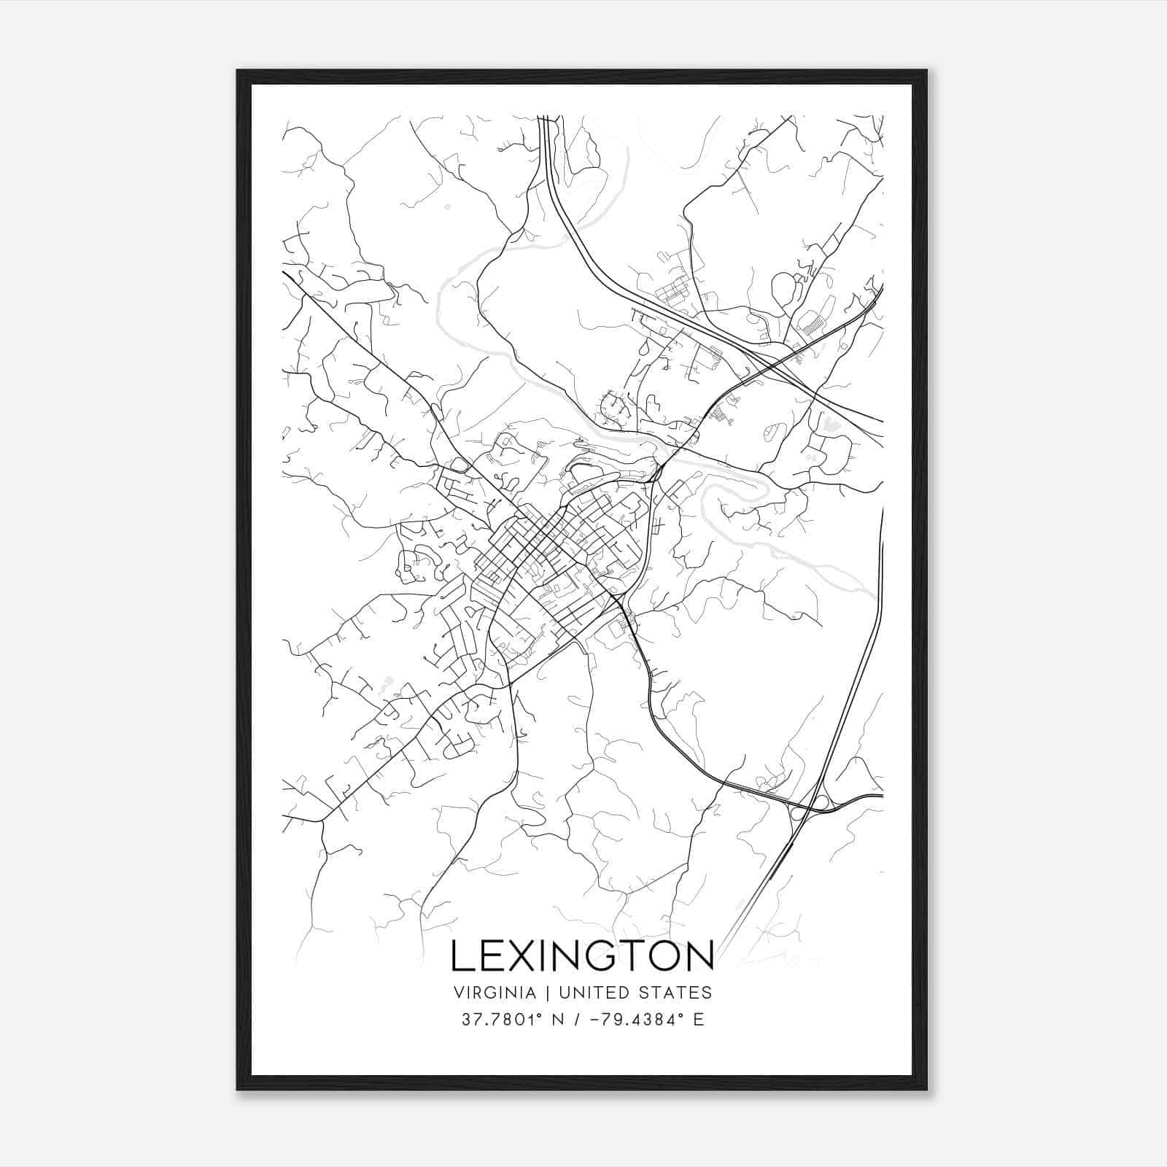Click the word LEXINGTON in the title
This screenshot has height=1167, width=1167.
tap(582, 955)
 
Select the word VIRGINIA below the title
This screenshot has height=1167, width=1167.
tap(495, 993)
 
